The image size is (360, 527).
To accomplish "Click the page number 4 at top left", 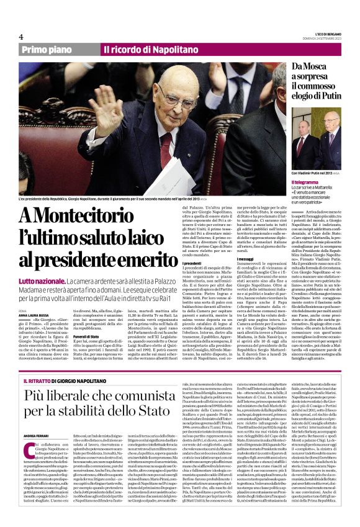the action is [21, 37].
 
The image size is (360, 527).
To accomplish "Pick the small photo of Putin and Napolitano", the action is [317, 140].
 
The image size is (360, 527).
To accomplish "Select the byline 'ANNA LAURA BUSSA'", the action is [35, 315].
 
